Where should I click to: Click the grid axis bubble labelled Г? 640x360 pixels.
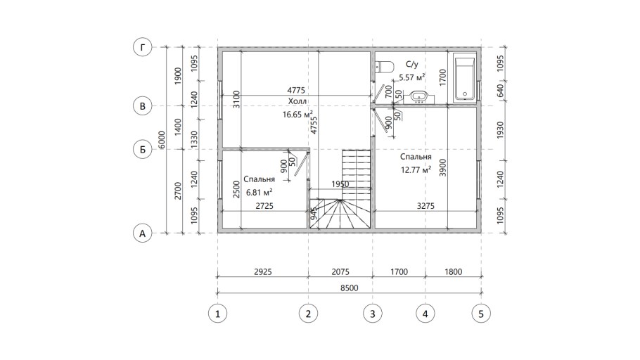(143, 47)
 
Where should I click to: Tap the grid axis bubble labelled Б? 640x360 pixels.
(143, 149)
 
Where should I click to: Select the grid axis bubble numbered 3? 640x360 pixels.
(372, 314)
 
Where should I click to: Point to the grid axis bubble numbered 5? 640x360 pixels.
(481, 314)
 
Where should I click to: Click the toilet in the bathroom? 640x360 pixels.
(384, 67)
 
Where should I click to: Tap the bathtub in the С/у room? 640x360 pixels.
(465, 78)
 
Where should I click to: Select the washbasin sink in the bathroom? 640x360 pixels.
(418, 97)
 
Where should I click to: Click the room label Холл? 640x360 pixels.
(297, 101)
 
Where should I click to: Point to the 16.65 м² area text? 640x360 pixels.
(298, 115)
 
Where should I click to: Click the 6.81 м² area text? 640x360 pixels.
(260, 192)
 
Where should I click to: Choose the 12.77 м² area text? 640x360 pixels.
(416, 169)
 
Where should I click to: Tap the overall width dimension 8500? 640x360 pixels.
(350, 288)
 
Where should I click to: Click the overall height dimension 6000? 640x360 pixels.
(162, 140)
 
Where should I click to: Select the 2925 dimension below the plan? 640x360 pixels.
(262, 271)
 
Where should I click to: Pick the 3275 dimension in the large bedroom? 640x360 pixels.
(425, 206)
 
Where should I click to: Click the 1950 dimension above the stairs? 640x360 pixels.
(340, 184)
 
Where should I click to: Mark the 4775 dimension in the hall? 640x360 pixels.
(296, 90)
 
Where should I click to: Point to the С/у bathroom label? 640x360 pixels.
(412, 64)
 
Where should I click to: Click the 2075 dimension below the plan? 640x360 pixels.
(340, 271)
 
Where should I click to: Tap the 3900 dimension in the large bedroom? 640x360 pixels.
(443, 167)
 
